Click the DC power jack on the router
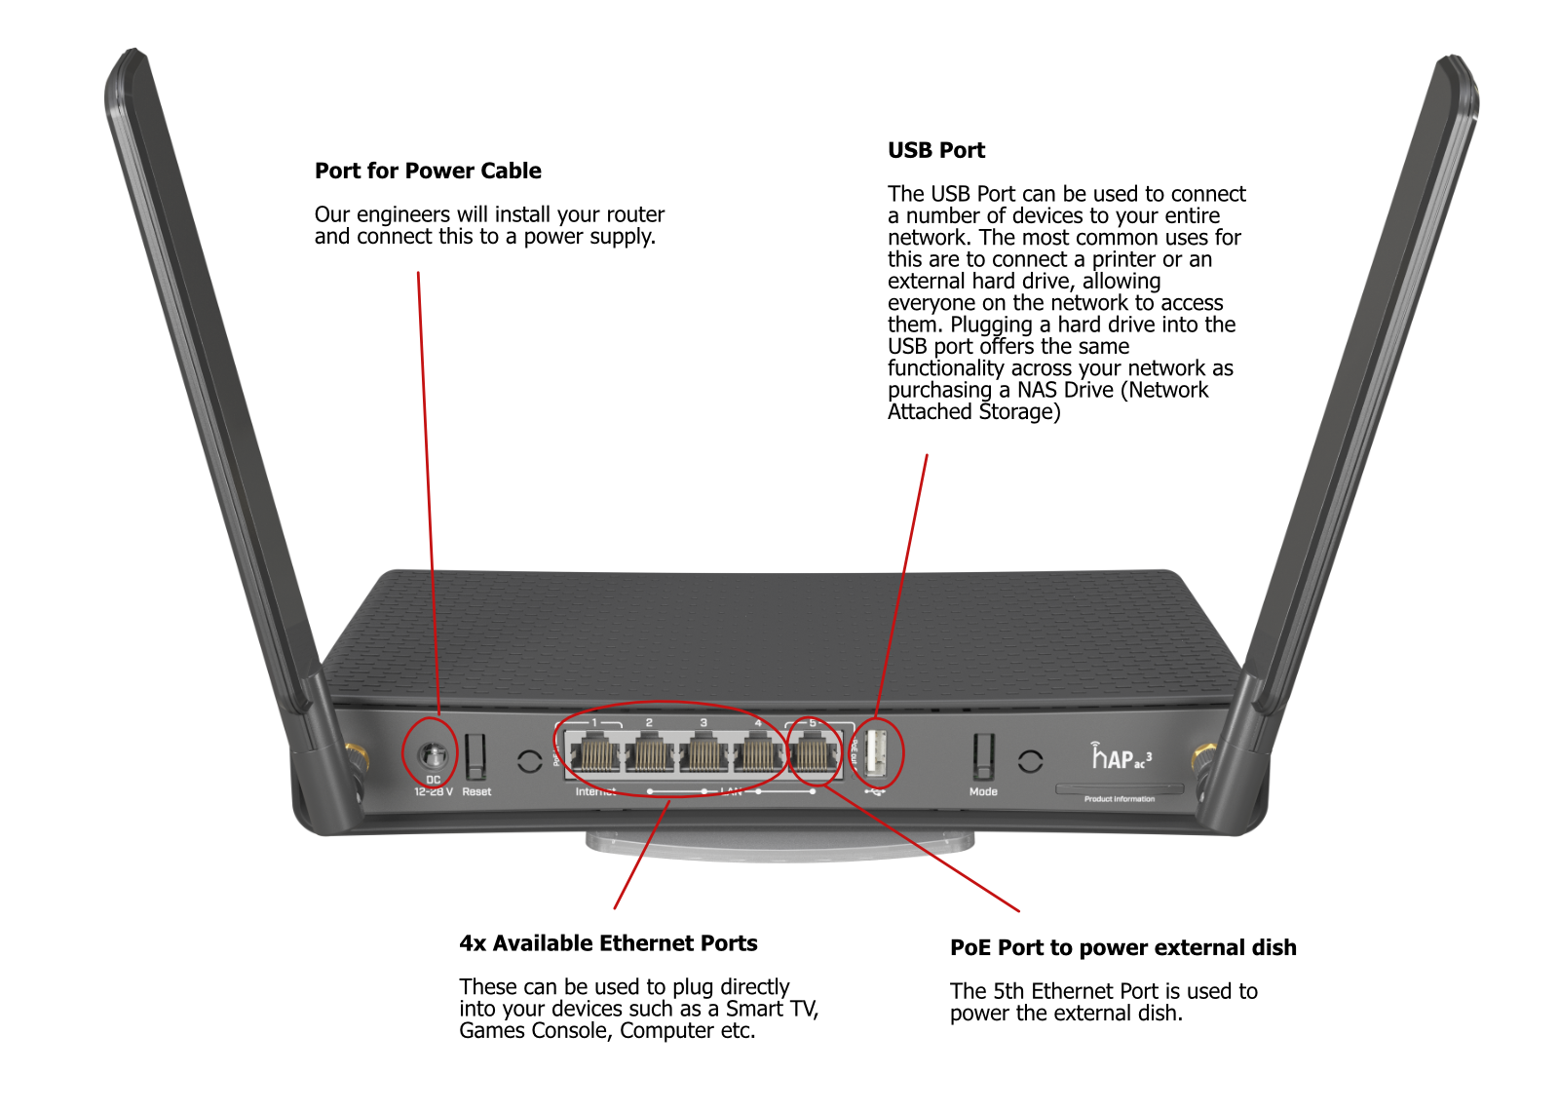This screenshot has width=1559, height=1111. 432,755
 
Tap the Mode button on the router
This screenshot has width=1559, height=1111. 983,756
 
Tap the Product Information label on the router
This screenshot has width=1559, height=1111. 1120,799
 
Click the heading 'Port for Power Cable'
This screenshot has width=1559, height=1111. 428,171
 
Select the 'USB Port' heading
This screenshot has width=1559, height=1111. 935,150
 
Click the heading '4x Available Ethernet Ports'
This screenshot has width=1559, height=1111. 608,943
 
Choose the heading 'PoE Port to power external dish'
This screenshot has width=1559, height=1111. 1122,947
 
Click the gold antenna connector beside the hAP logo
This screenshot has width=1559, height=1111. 1203,756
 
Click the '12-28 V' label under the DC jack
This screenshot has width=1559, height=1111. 434,791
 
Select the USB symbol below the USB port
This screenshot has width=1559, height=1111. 875,791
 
